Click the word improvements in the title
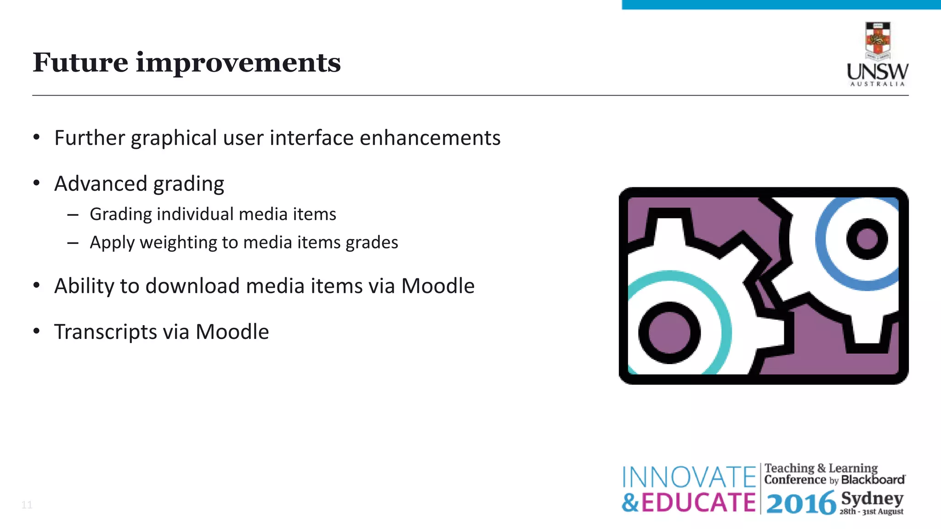(238, 63)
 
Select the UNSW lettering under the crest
(878, 72)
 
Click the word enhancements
(430, 138)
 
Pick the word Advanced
(101, 184)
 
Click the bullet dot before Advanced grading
(37, 183)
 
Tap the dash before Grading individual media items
(73, 214)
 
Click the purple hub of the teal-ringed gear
(669, 333)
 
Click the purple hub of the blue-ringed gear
(867, 239)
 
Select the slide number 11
(27, 505)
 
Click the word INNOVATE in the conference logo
(689, 477)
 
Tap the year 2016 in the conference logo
(800, 503)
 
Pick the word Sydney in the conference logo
(872, 498)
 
